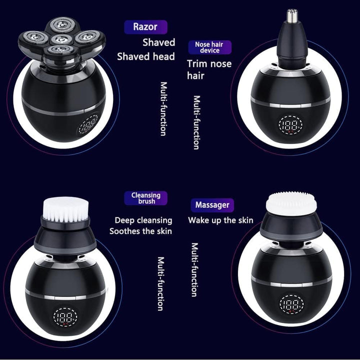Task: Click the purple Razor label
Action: pos(145,27)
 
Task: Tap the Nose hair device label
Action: pos(209,47)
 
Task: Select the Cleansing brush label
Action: pos(146,198)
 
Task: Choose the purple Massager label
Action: pos(212,205)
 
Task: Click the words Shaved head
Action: pos(146,56)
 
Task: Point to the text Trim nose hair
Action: pos(209,69)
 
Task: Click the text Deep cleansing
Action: pos(143,220)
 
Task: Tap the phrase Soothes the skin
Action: pos(140,231)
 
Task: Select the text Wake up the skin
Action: pos(220,220)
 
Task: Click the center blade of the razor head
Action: pos(61,39)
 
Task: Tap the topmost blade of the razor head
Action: pos(62,24)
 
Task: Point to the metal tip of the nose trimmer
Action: pos(292,16)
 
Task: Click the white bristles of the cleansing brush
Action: pos(66,209)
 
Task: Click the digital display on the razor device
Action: pos(88,125)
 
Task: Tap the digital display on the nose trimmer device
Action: pos(290,124)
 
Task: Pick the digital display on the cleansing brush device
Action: pos(65,317)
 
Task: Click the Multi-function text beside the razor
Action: pos(163,109)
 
